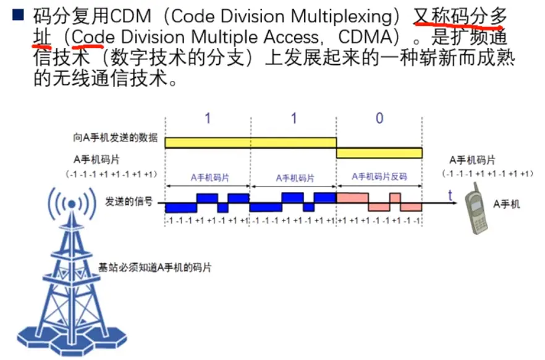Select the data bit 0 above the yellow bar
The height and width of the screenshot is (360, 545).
coord(379,119)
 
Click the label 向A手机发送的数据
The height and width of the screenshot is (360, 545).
coord(115,138)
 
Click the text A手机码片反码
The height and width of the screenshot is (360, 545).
coord(379,177)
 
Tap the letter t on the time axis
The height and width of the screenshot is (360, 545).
coord(450,195)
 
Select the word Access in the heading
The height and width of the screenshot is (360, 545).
coord(292,38)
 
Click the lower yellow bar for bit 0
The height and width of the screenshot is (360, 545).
coord(379,153)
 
